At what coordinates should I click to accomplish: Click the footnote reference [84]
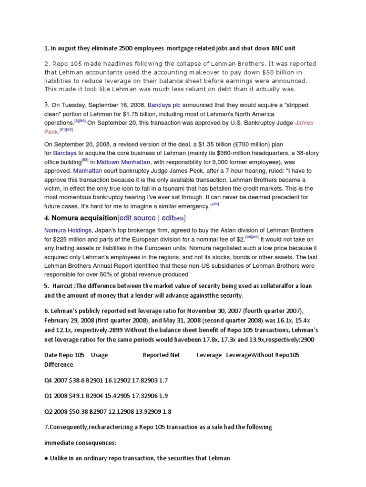[216, 204]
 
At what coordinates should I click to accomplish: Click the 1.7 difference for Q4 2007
[163, 380]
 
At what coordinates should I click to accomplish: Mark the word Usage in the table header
[100, 355]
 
